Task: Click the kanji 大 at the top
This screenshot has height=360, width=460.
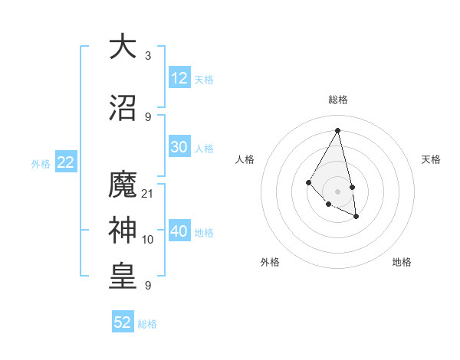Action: [x=123, y=47]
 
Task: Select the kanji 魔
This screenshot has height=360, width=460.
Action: [x=123, y=185]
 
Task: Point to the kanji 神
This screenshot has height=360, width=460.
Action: [x=123, y=231]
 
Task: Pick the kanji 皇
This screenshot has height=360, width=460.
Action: [x=123, y=277]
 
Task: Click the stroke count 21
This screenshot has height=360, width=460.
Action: [x=148, y=193]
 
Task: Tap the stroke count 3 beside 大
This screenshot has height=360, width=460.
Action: [x=148, y=56]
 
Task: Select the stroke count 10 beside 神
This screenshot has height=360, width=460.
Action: [x=148, y=240]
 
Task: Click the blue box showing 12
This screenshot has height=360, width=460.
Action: [x=179, y=78]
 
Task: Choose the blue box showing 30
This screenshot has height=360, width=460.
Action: [x=179, y=147]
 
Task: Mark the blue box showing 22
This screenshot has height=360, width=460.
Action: [x=66, y=162]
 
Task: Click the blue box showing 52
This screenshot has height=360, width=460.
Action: [x=123, y=322]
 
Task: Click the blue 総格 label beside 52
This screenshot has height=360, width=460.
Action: [x=147, y=324]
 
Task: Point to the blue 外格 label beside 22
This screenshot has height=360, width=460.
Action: [x=41, y=163]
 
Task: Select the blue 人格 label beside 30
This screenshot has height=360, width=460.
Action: [x=204, y=149]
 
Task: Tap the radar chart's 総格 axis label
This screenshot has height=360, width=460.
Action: [x=337, y=100]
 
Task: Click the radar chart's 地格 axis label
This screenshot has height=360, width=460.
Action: [x=402, y=262]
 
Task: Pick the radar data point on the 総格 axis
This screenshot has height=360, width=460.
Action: [x=337, y=130]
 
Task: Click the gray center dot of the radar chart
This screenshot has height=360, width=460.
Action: [x=337, y=191]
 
